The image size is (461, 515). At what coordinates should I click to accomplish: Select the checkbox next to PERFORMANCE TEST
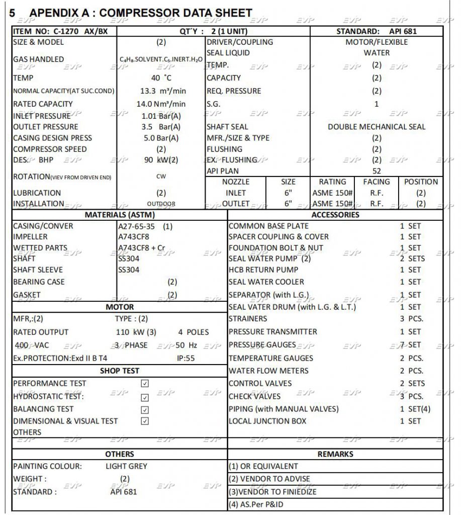(x=145, y=383)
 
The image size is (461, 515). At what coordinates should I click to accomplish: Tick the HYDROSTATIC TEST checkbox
(x=145, y=397)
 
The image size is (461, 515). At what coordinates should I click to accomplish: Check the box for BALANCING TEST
(x=145, y=409)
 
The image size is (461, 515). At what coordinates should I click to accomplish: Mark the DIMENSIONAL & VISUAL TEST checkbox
(x=145, y=421)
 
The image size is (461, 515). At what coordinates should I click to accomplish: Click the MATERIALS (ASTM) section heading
(x=120, y=215)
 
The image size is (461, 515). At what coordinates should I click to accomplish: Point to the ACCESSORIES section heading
(x=335, y=215)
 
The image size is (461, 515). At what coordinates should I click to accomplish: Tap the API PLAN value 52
(x=377, y=171)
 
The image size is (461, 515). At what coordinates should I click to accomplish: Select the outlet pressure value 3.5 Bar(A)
(x=161, y=127)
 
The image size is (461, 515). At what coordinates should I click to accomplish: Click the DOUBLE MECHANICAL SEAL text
(x=377, y=127)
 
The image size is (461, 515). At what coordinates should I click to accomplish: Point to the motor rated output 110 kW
(x=132, y=332)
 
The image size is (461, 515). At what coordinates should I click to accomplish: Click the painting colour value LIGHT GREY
(x=126, y=466)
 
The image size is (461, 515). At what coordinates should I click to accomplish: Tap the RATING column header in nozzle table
(x=332, y=182)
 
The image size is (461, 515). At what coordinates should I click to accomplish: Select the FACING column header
(x=376, y=182)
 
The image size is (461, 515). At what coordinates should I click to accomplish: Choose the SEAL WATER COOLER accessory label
(x=266, y=282)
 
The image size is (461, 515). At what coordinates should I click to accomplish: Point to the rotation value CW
(x=161, y=177)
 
